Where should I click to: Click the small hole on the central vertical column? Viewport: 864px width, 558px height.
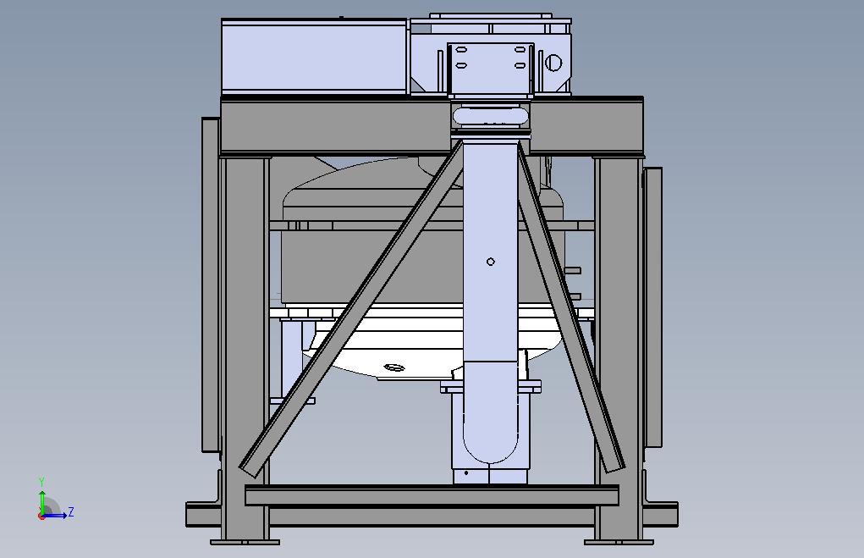pyautogui.click(x=491, y=262)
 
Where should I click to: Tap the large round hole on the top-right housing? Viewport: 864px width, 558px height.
pyautogui.click(x=553, y=63)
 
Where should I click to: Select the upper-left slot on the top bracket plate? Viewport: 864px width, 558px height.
pyautogui.click(x=461, y=50)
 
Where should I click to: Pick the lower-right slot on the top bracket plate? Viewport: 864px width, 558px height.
pyautogui.click(x=520, y=65)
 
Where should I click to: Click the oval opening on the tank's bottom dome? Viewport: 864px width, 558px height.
pyautogui.click(x=393, y=367)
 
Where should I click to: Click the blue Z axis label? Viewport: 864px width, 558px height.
pyautogui.click(x=70, y=511)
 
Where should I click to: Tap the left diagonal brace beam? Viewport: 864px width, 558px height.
pyautogui.click(x=350, y=307)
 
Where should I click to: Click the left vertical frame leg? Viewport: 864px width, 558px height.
pyautogui.click(x=245, y=347)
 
